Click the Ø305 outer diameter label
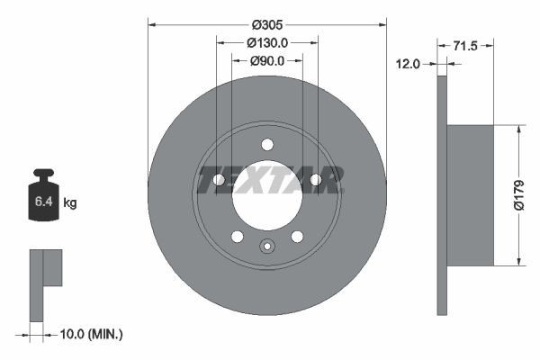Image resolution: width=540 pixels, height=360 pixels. (267, 24)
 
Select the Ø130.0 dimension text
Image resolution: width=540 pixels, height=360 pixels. (267, 42)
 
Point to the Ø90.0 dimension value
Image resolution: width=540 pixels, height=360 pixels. (267, 60)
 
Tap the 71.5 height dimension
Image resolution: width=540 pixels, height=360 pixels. (465, 44)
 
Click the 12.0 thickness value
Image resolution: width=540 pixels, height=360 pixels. (409, 63)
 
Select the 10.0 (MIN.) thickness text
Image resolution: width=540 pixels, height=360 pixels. (89, 334)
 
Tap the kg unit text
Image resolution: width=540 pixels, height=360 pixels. (70, 203)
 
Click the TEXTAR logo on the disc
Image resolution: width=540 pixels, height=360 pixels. (267, 180)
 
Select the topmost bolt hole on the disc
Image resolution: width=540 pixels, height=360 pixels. (267, 144)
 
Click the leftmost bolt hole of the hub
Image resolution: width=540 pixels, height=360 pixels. (219, 180)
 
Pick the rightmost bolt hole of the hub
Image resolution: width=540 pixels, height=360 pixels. (316, 180)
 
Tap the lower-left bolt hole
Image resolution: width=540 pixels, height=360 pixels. (238, 237)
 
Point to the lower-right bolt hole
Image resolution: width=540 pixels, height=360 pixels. (297, 237)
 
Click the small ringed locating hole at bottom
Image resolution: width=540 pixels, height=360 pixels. (267, 247)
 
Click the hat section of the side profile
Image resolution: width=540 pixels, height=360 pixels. (471, 195)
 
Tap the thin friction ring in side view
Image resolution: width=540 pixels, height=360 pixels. (442, 195)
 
